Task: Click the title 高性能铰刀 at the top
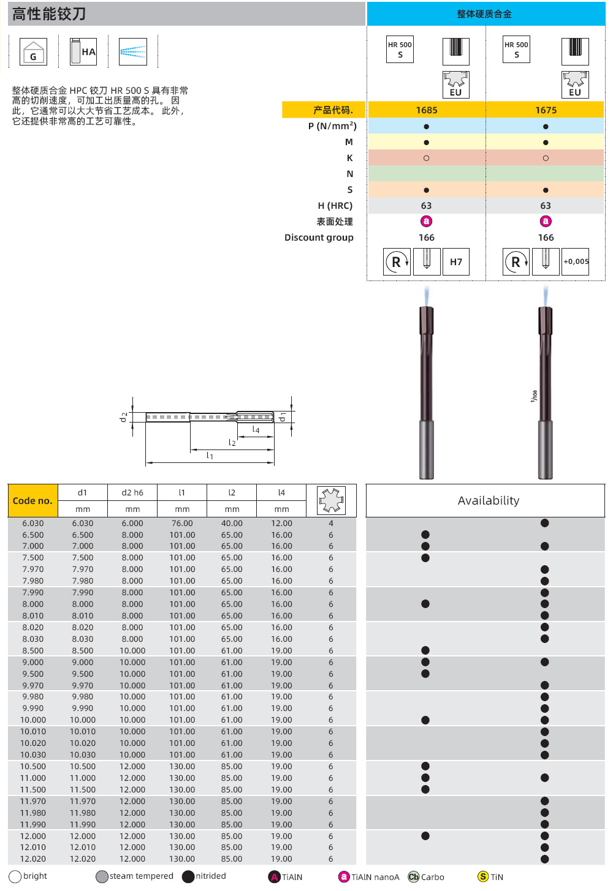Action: pos(49,14)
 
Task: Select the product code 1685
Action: pos(427,110)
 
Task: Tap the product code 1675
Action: pos(546,110)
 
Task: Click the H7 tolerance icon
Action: pos(456,262)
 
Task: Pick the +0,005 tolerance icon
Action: pos(576,261)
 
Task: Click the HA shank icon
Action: pos(83,51)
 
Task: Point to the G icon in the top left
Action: pos(34,52)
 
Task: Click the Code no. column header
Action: pos(32,501)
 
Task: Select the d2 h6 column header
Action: pos(132,492)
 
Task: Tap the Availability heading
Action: pos(488,501)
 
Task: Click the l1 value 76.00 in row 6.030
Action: pos(182,524)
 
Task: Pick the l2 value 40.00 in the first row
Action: pos(232,524)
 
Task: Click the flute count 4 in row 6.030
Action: pos(331,524)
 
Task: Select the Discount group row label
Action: pos(319,238)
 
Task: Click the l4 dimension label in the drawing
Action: pos(256,430)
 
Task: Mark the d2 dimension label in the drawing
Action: pos(124,417)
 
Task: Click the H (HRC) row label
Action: pos(335,206)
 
